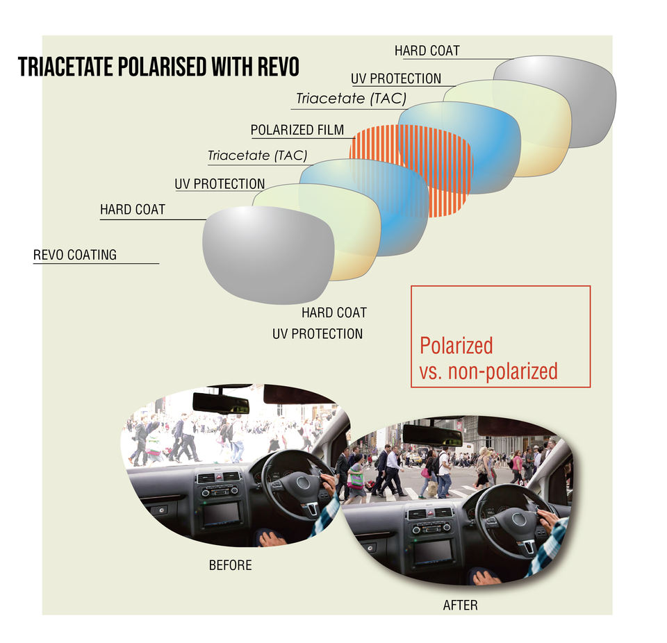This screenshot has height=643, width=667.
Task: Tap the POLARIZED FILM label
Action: tap(297, 130)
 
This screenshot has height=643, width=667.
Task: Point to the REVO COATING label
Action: tap(75, 255)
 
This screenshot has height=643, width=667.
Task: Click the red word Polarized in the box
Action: tap(456, 345)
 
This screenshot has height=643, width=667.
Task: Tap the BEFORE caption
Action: tap(230, 565)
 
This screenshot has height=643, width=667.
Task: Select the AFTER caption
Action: tap(460, 605)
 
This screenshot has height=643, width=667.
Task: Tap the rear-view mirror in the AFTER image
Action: tap(432, 435)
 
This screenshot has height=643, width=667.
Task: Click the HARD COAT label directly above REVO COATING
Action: tap(133, 209)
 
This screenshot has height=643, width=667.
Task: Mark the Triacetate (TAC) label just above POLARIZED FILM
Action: tap(350, 99)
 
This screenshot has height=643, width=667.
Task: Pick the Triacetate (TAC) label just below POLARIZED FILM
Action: tap(257, 155)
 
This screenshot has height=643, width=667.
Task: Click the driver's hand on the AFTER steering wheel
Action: tap(547, 519)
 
